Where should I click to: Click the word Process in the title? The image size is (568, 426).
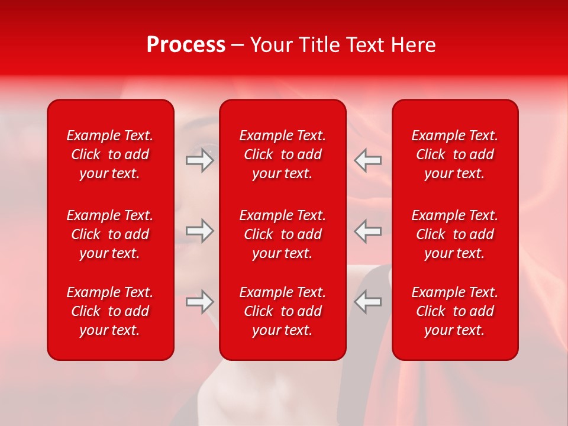coord(186,45)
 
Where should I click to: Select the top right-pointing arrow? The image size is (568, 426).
coord(199,160)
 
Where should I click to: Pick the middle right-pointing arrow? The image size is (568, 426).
coord(199,231)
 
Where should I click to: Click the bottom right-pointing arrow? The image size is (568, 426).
coord(199,302)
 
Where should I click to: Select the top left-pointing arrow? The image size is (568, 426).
coord(368,160)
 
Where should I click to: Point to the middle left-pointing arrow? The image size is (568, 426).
coord(368,231)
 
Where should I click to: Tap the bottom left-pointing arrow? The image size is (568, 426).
coord(368,302)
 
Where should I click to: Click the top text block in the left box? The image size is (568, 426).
coord(110,154)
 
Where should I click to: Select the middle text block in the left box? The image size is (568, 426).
coord(110,234)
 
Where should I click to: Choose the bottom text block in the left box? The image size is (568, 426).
coord(110,311)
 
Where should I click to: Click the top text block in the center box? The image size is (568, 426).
coord(283,154)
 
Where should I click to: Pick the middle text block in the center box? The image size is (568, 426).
coord(283,234)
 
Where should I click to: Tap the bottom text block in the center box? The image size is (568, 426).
coord(283,311)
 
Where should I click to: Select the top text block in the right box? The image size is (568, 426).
coord(455,154)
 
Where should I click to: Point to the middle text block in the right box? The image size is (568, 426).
coord(455,234)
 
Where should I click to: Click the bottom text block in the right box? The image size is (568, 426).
coord(455,311)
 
